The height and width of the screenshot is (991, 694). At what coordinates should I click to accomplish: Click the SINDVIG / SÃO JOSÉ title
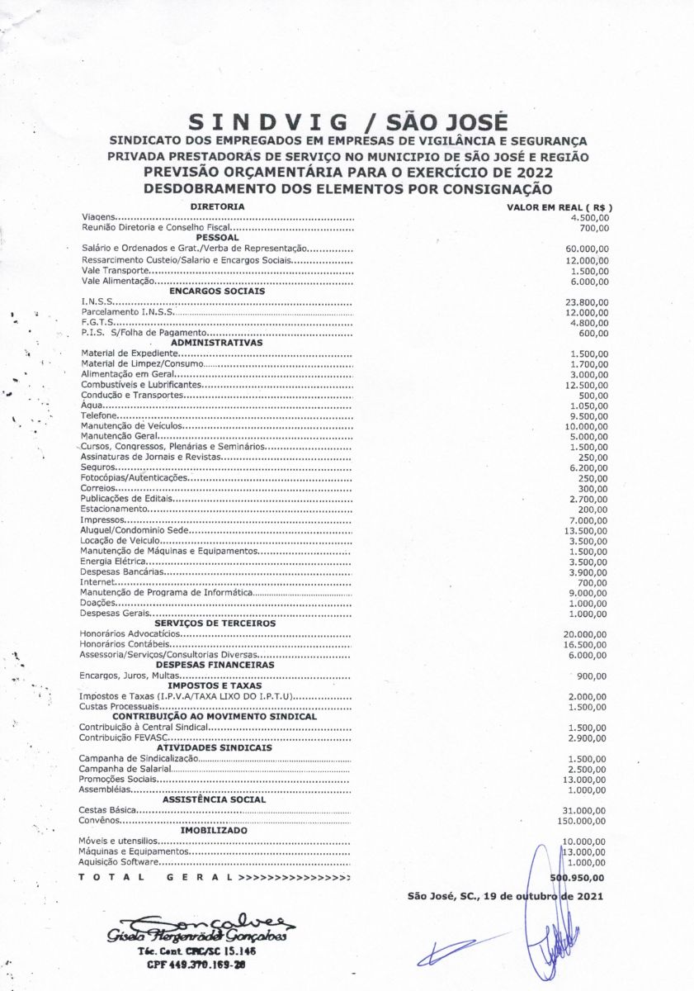(x=347, y=123)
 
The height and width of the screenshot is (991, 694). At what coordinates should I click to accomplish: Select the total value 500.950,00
(x=578, y=878)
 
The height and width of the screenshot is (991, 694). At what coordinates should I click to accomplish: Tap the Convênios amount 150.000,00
(x=583, y=821)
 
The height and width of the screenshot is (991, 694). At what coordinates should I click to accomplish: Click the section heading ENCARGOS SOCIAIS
(x=216, y=291)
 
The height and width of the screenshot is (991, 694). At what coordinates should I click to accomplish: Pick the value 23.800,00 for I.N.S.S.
(x=587, y=302)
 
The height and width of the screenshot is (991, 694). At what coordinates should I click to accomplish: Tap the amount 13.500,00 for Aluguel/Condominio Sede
(x=587, y=530)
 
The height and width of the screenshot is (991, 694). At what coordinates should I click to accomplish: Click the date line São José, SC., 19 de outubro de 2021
(x=505, y=895)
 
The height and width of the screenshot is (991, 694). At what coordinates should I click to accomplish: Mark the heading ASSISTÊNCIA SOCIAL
(x=214, y=799)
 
